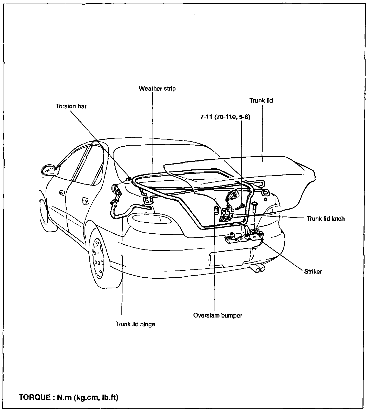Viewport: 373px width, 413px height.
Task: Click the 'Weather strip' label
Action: click(157, 89)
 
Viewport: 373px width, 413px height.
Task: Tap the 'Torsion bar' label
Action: click(71, 106)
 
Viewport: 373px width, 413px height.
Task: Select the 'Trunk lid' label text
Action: click(261, 101)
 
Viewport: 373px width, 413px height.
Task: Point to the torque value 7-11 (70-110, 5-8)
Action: click(225, 117)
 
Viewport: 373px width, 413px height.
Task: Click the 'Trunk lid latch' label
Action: click(326, 219)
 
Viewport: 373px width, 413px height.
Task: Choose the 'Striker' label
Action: click(313, 271)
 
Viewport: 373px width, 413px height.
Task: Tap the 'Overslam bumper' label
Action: click(217, 315)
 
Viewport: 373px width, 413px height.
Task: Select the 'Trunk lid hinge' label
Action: click(135, 324)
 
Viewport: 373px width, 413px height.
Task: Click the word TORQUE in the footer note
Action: click(35, 397)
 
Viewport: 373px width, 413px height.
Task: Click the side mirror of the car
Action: click(49, 170)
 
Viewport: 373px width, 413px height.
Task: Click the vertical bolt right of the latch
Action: click(254, 206)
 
